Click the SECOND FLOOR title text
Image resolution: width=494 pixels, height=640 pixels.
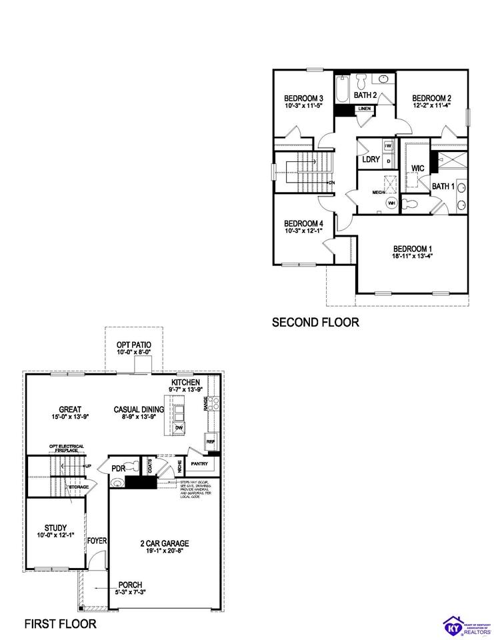[315, 323]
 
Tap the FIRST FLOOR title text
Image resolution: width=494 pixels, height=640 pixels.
[61, 624]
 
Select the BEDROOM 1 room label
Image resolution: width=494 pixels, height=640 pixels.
[412, 249]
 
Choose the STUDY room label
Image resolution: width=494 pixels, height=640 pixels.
[56, 527]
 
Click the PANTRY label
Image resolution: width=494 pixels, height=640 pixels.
[199, 464]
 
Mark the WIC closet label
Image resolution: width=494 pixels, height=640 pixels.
[418, 168]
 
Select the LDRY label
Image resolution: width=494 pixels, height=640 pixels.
[371, 159]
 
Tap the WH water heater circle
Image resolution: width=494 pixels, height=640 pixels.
[391, 203]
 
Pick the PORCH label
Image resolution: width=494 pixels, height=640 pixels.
[130, 585]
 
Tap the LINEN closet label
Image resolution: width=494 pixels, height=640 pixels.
[364, 108]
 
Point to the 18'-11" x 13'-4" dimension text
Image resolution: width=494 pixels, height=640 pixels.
[412, 257]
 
